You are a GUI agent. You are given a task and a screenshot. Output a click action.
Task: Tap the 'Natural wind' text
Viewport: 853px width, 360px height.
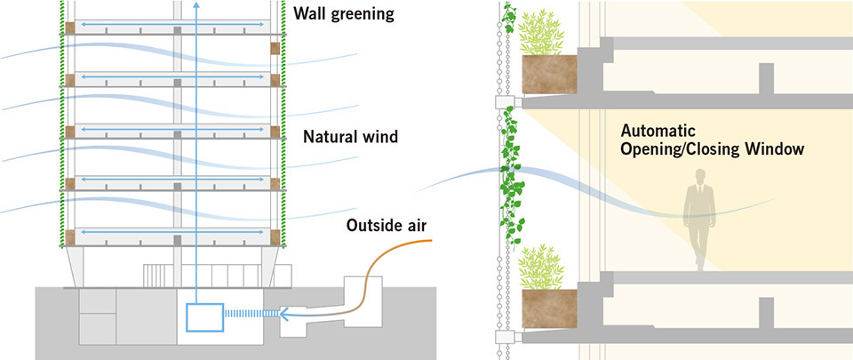coord(349,138)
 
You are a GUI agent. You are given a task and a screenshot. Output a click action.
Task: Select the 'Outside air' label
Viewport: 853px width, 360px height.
coord(388,225)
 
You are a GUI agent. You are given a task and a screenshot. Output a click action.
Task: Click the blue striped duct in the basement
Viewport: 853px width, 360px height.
coord(252,313)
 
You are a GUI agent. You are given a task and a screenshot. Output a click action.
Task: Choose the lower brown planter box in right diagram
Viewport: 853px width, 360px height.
coord(548,306)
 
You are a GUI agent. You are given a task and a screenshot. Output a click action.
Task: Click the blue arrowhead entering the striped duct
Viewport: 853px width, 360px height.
coord(283,313)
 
